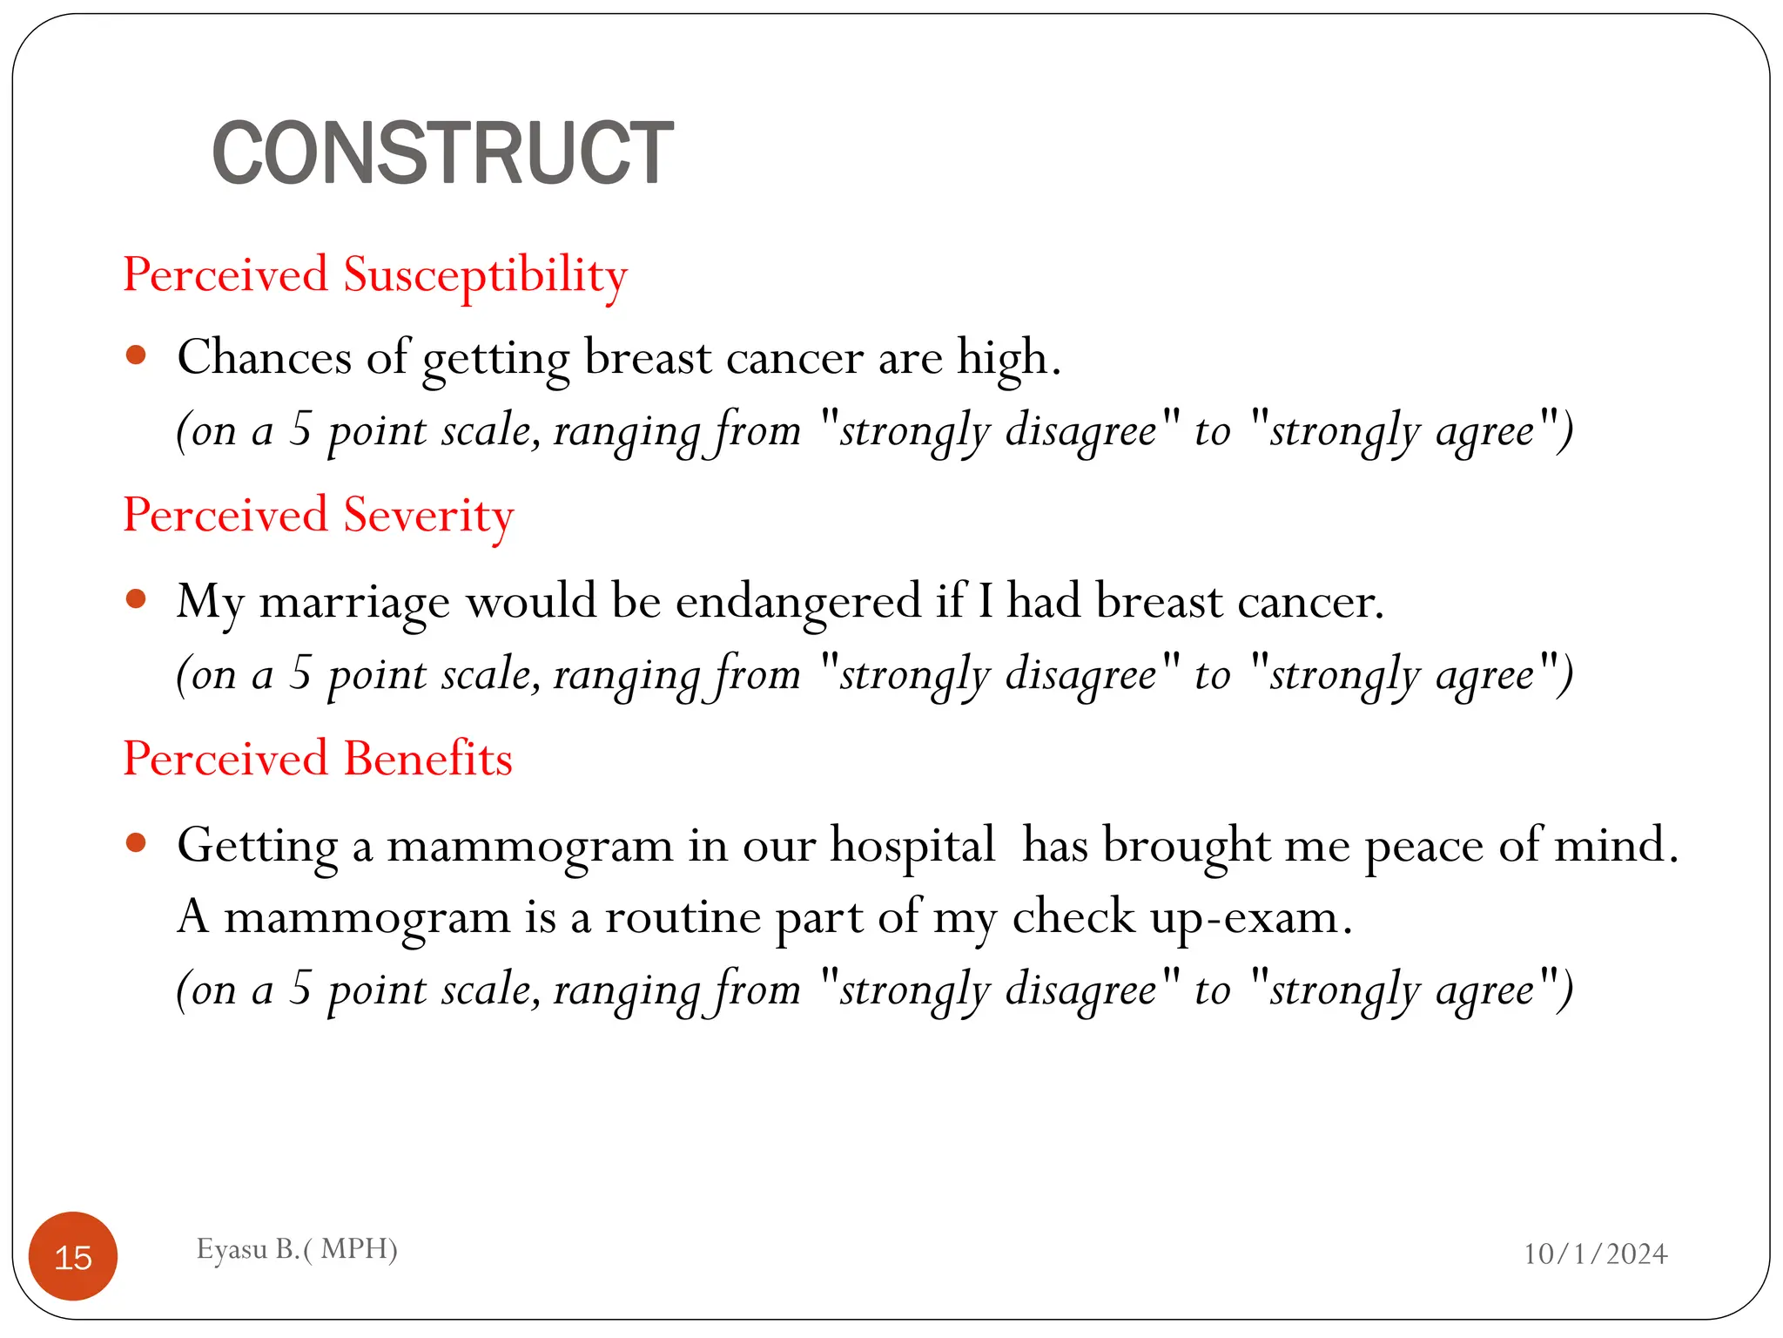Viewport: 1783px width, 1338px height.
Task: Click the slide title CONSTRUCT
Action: (442, 154)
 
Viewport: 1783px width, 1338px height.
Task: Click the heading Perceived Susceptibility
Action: (375, 275)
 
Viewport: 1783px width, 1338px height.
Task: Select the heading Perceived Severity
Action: (319, 515)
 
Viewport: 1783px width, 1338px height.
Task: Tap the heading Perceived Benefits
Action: (318, 759)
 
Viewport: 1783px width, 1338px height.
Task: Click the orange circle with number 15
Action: (73, 1256)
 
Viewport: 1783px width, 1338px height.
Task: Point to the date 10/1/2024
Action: (1595, 1254)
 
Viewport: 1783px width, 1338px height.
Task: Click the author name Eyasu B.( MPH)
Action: (297, 1249)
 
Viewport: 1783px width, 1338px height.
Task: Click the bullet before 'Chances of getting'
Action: (136, 355)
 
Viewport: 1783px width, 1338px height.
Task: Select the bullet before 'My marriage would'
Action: (136, 599)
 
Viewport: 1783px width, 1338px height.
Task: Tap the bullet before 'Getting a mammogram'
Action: (136, 842)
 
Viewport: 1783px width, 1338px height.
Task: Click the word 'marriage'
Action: (355, 603)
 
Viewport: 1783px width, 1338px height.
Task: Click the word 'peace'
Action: (1423, 847)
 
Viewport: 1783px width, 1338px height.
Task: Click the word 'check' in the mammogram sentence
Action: (1073, 917)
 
